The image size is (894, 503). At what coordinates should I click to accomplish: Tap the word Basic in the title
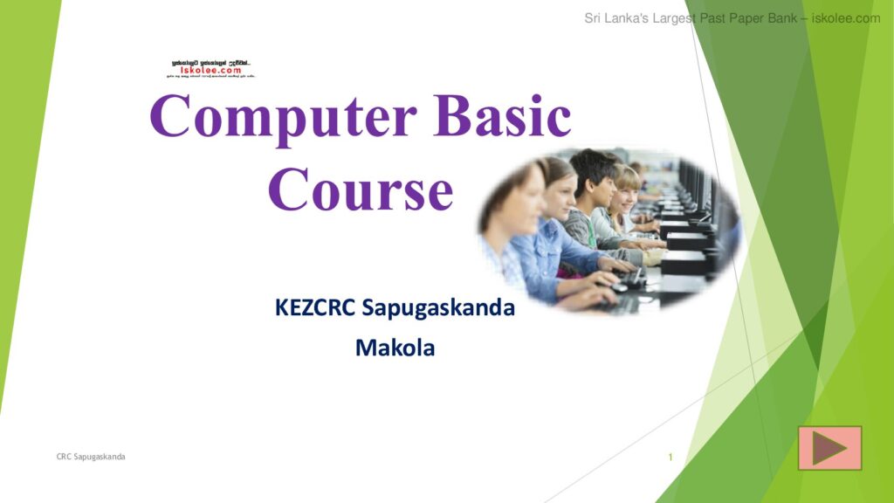[503, 116]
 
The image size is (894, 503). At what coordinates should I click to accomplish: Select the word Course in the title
[360, 190]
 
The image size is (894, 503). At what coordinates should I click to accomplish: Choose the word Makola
[395, 348]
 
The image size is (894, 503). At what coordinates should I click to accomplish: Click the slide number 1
[670, 457]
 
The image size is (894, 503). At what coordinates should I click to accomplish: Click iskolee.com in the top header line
[846, 18]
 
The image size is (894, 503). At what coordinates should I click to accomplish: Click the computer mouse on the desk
[618, 287]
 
